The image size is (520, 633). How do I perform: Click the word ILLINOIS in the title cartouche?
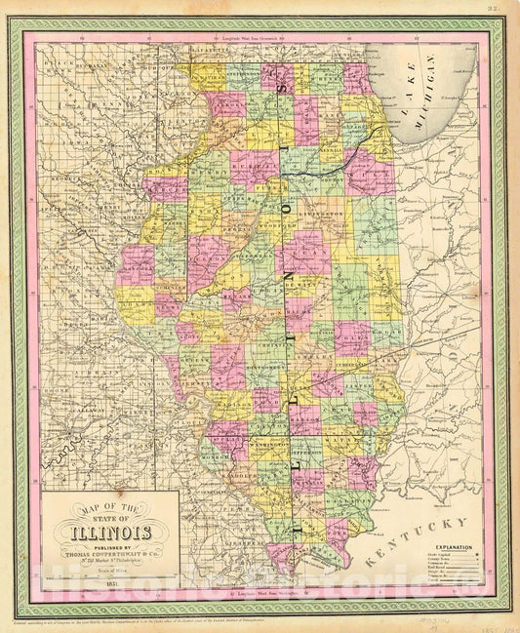click(108, 532)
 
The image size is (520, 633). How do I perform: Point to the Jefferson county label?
click(305, 452)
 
